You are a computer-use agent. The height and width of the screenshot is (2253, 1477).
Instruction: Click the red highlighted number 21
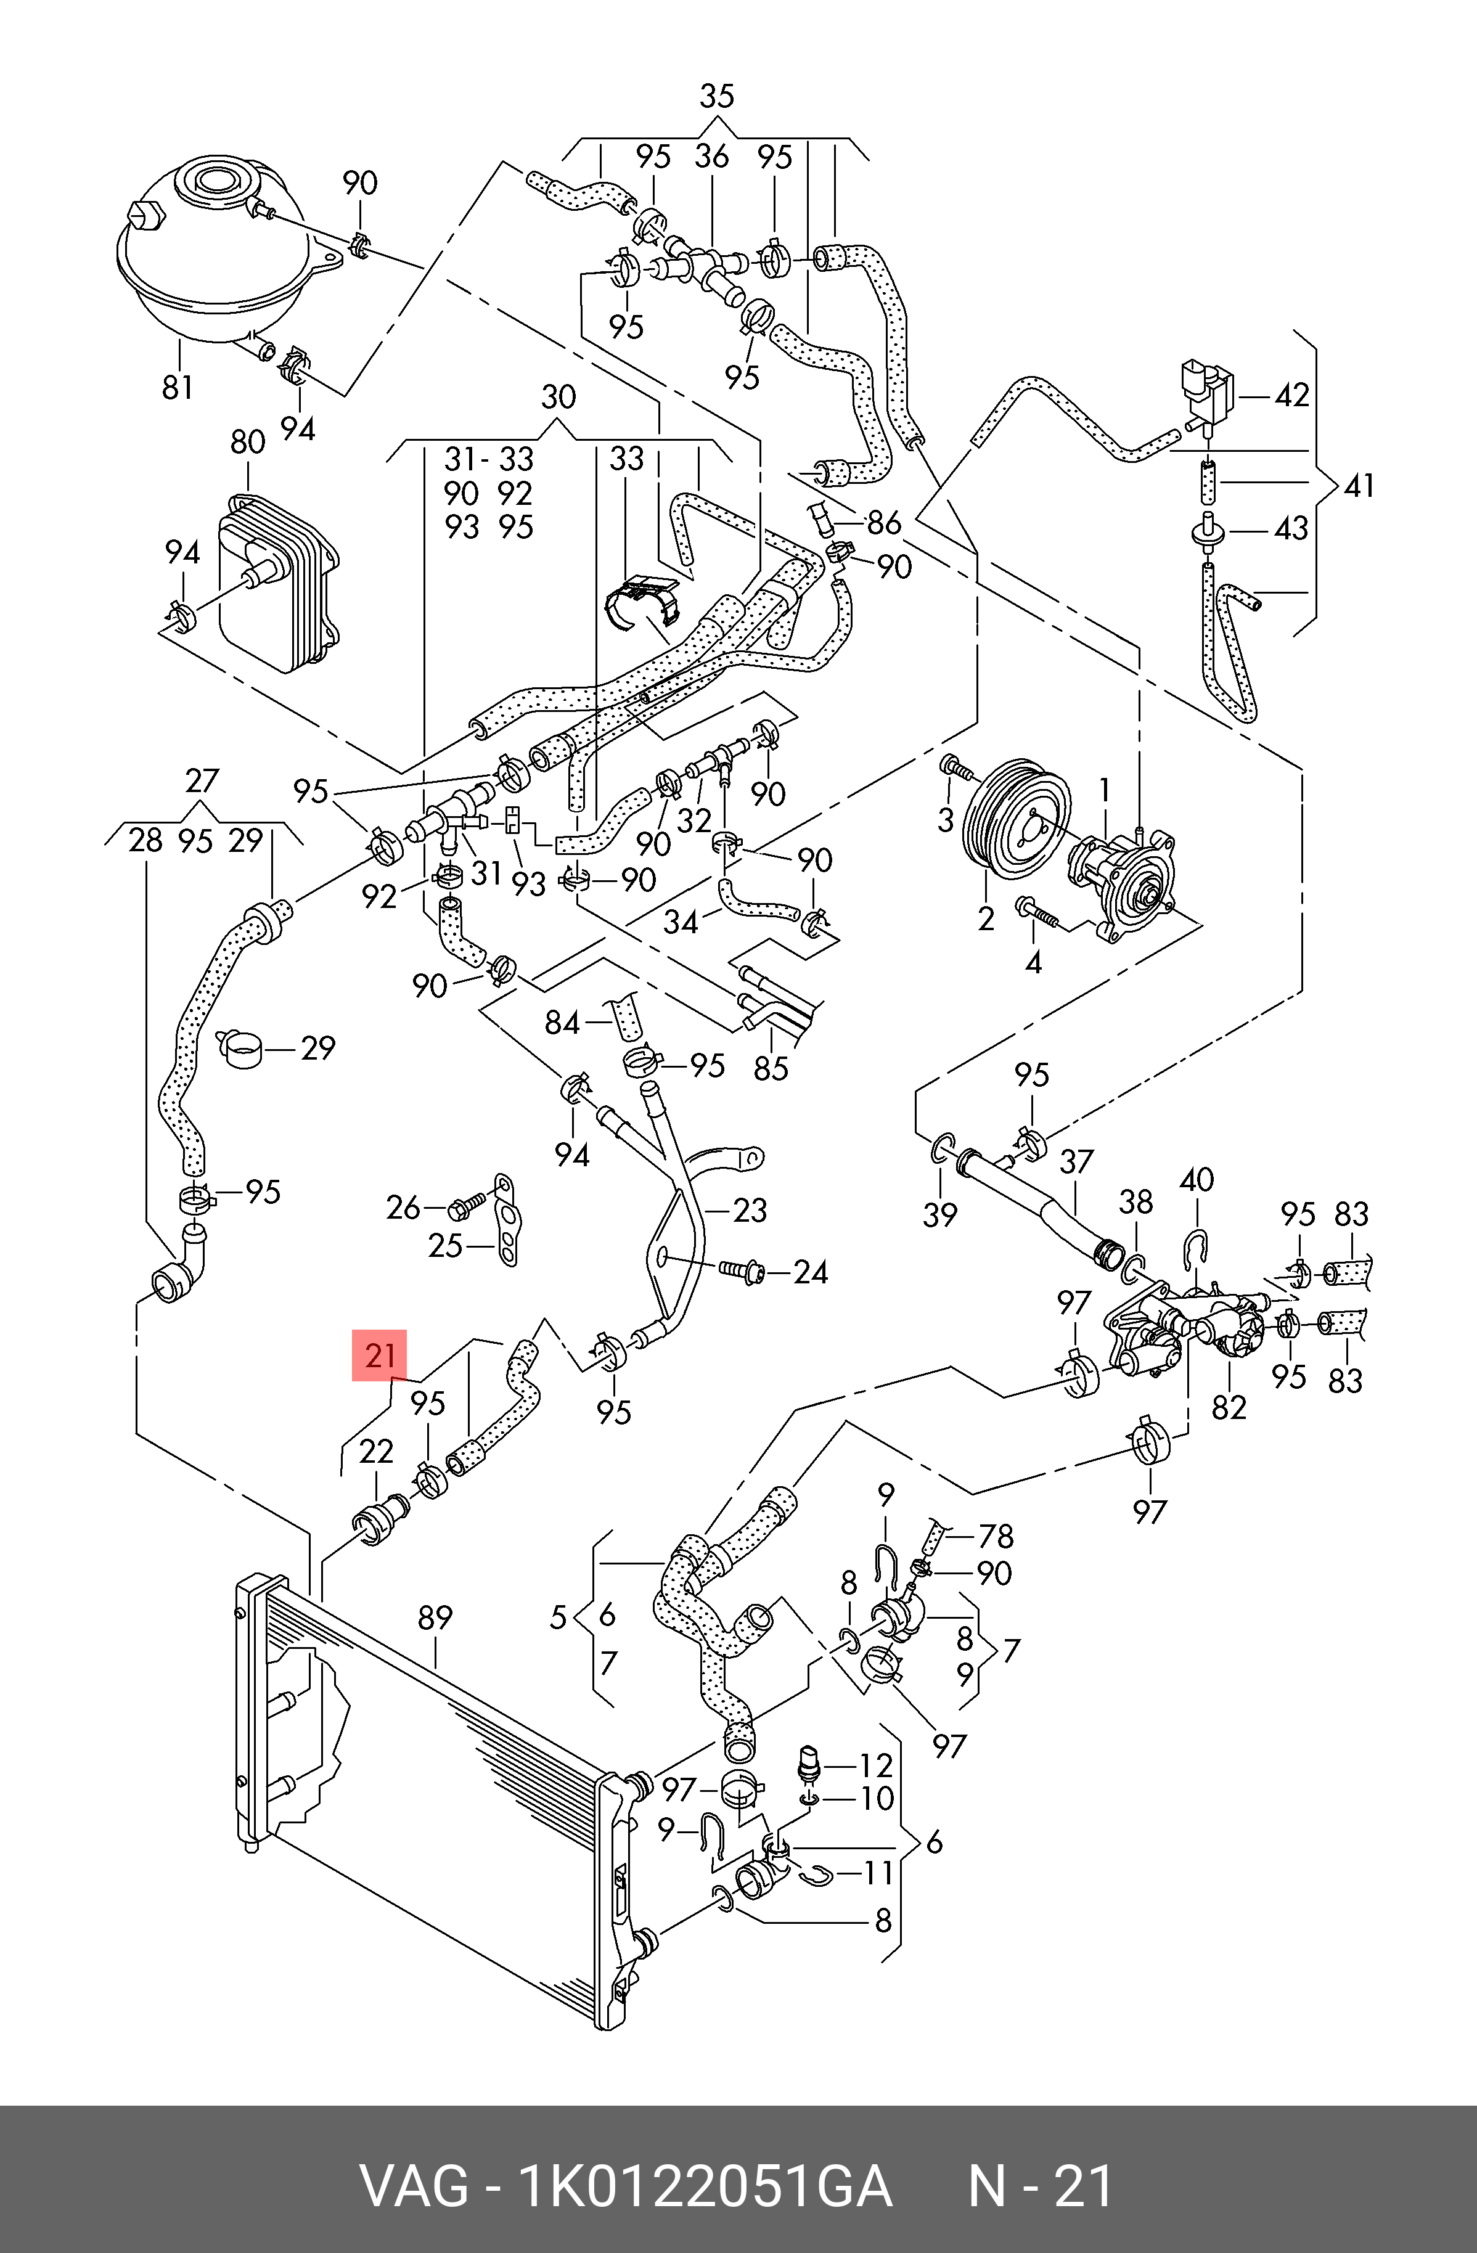[x=378, y=1355]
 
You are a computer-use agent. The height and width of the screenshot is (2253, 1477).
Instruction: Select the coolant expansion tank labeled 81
[x=213, y=256]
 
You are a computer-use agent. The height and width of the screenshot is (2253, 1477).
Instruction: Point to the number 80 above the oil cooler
[x=248, y=442]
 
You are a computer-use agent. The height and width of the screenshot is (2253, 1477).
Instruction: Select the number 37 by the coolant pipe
[x=1076, y=1161]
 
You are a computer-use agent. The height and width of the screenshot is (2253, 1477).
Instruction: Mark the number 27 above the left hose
[x=202, y=781]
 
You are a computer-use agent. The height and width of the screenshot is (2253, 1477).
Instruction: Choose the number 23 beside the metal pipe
[x=749, y=1210]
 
